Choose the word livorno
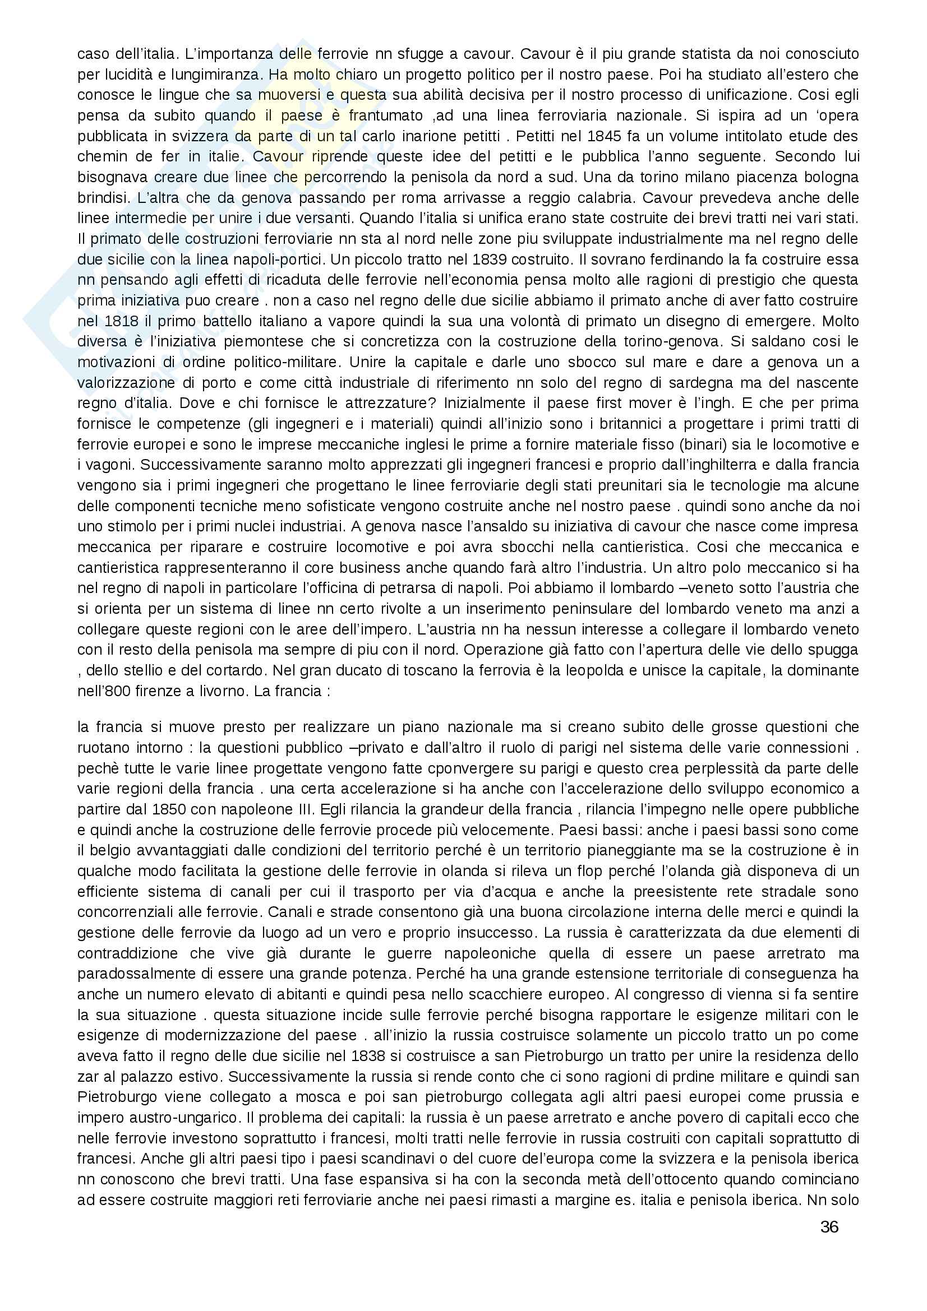tap(209, 691)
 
